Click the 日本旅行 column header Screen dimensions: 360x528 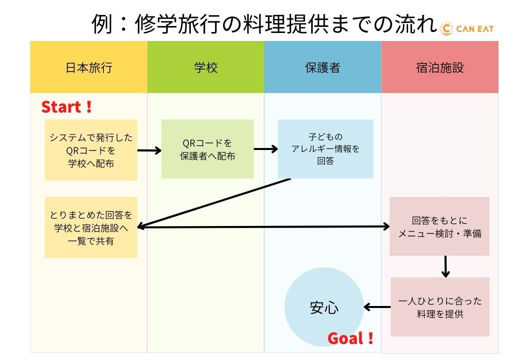coord(88,67)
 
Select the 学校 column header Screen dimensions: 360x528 coord(206,67)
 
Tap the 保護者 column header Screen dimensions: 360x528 coord(323,67)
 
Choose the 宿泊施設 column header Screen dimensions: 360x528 coord(440,67)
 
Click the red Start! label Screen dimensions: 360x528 coord(66,107)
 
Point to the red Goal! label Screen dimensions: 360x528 coord(351,338)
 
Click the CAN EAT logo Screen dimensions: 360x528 coord(468,28)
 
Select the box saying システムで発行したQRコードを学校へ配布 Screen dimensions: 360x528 coord(91,149)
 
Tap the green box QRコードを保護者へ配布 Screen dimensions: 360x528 coord(207,149)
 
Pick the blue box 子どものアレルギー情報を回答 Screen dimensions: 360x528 coord(325,148)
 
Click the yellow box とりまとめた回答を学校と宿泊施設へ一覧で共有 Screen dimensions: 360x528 coord(91,227)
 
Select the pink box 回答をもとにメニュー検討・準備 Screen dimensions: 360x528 coord(440,226)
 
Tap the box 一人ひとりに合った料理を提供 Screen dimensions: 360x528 coord(440,307)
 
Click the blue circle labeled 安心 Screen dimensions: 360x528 coord(324,307)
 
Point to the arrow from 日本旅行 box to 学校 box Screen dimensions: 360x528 coord(149,149)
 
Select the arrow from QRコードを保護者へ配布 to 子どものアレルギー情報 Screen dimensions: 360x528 coord(266,148)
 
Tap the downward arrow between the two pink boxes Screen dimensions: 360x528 coord(446,266)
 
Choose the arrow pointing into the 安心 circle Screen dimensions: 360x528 coord(377,307)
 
